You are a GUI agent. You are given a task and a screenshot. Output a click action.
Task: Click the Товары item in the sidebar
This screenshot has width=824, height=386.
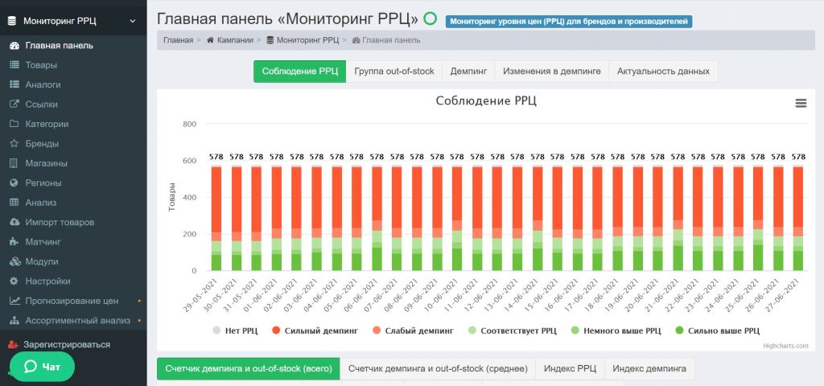point(41,64)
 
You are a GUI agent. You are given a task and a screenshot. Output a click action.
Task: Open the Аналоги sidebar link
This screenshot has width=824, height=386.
point(43,84)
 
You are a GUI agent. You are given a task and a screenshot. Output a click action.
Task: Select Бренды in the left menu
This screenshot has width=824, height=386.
point(42,143)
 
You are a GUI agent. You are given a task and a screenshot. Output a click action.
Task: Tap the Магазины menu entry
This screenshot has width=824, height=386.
point(46,163)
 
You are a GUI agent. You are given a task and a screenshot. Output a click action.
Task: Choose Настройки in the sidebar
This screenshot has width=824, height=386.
point(47,281)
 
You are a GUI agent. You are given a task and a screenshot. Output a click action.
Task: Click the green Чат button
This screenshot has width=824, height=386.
point(42,367)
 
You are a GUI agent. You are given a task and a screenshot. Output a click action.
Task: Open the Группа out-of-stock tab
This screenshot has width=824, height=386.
point(393,72)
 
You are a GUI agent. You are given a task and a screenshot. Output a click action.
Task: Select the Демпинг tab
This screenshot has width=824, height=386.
point(468,72)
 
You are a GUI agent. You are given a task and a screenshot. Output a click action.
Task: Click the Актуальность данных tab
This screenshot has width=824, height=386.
point(663,72)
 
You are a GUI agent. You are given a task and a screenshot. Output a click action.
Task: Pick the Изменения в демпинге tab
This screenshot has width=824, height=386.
point(551,72)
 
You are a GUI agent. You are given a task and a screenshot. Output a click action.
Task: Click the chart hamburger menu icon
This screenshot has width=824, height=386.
point(801,103)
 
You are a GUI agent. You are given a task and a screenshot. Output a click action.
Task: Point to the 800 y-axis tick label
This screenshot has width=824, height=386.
point(189,124)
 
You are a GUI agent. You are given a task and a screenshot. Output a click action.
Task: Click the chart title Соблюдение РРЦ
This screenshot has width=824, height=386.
point(485,101)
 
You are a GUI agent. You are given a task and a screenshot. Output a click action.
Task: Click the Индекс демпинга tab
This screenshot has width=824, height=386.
point(649,368)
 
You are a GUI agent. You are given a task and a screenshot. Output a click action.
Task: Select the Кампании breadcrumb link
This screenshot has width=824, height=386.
point(234,39)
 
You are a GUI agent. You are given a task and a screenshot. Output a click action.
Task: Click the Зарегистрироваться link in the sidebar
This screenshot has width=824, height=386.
point(66,344)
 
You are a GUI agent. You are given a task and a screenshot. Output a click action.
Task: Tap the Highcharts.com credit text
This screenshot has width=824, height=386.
point(785,347)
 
